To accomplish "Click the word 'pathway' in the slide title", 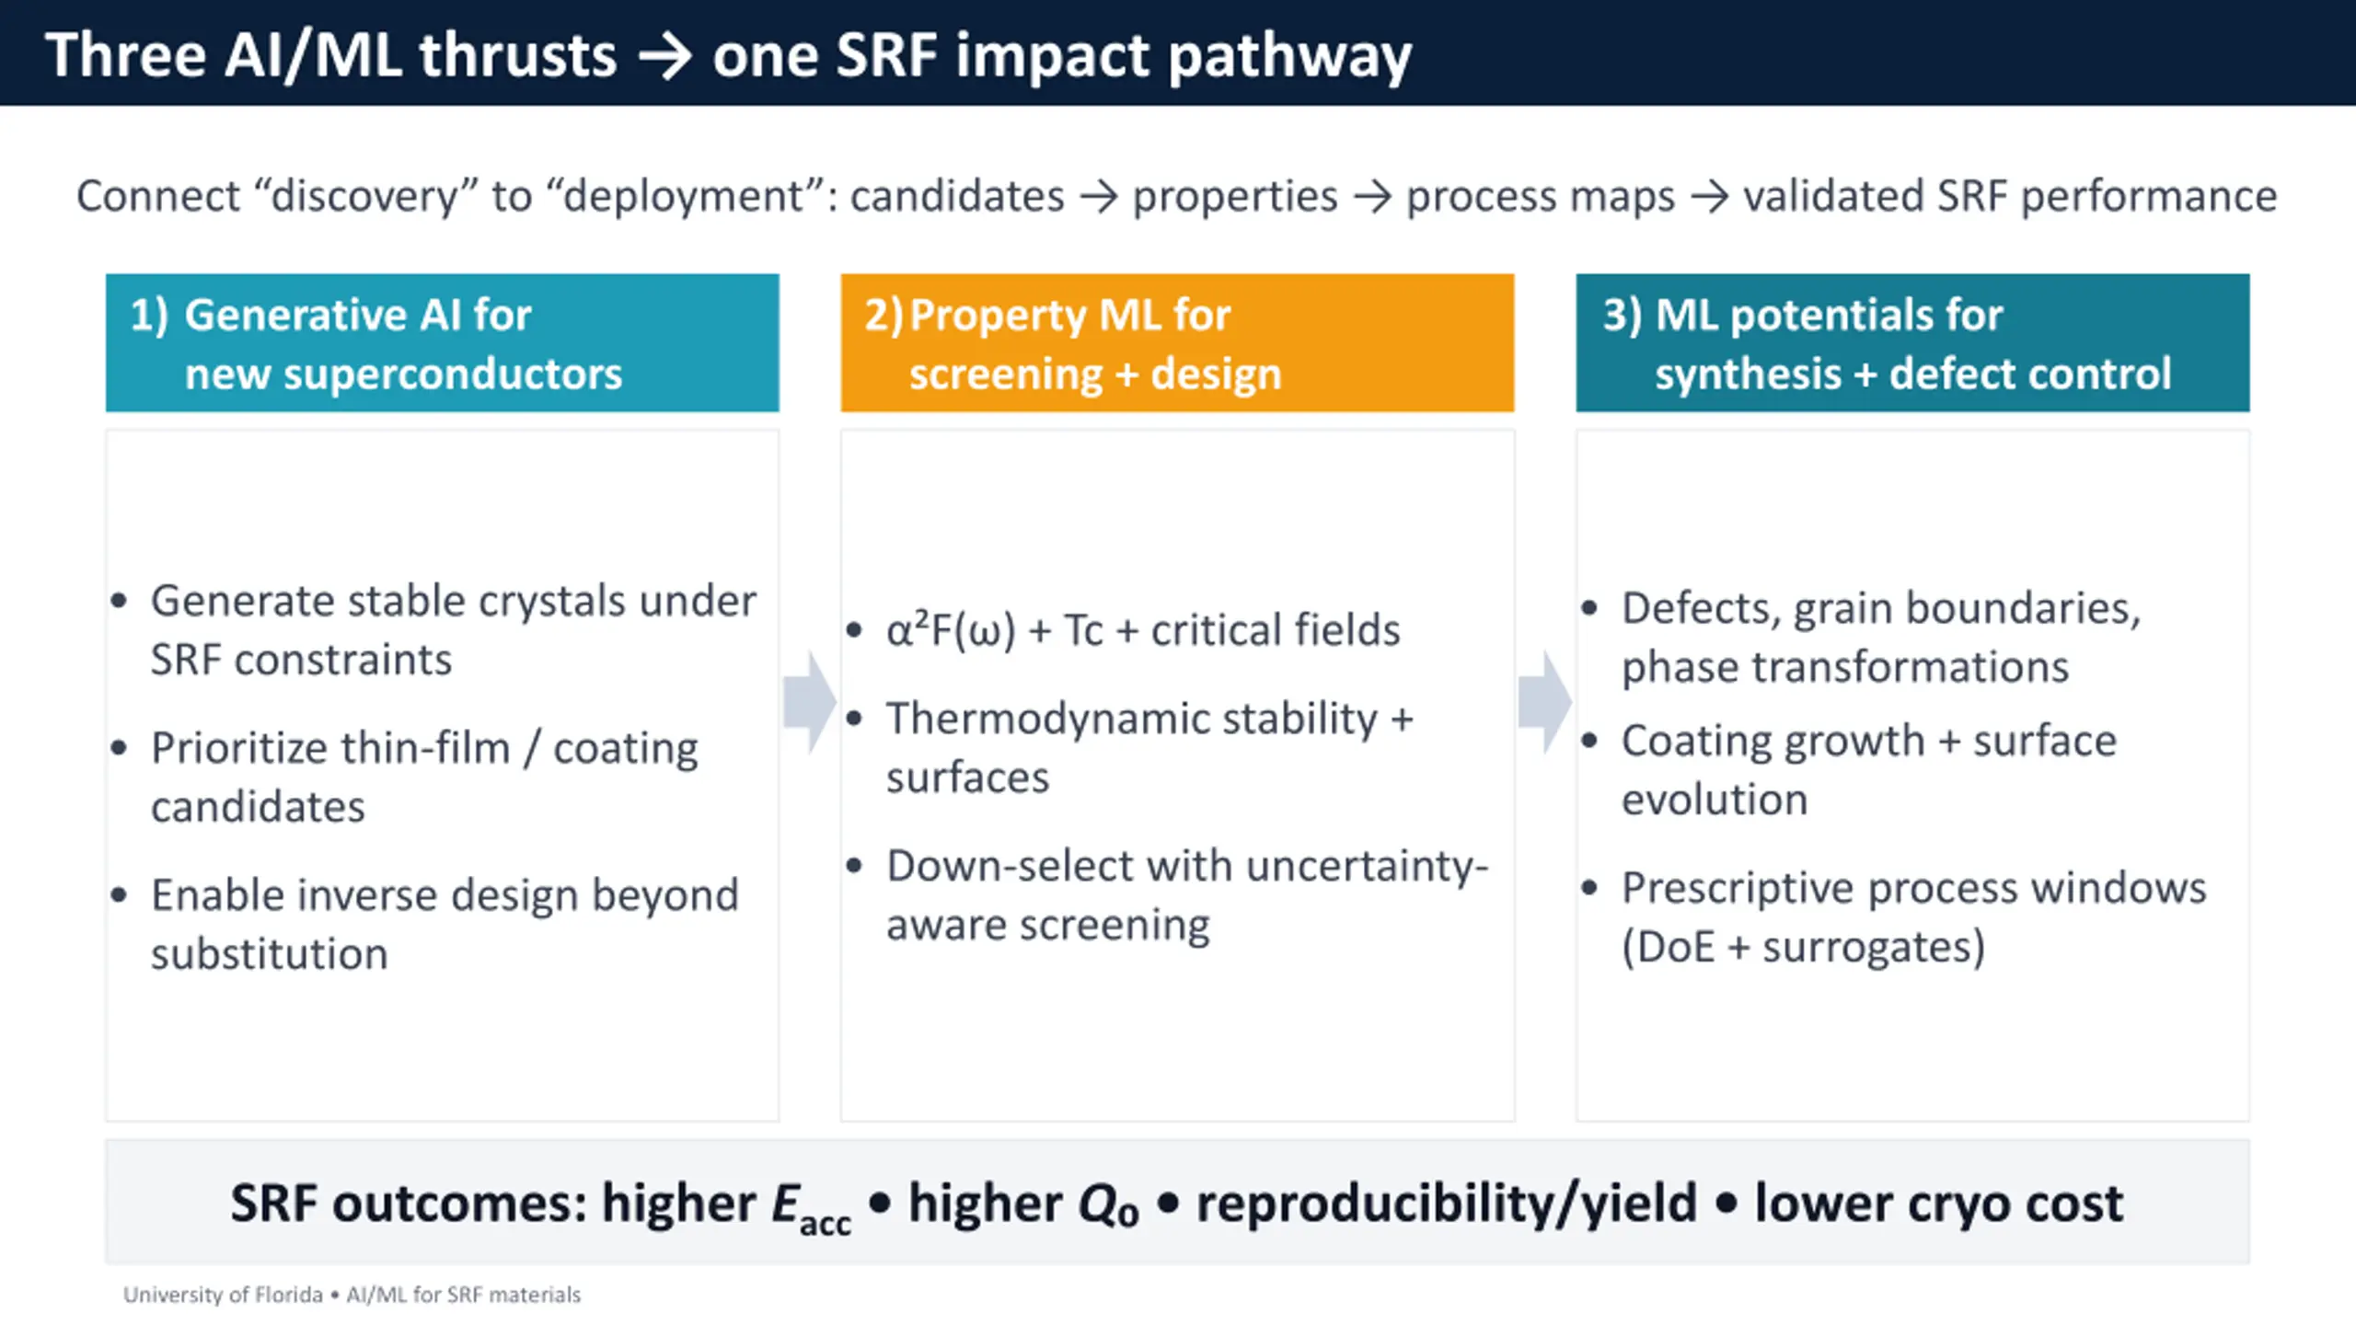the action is click(x=1289, y=57).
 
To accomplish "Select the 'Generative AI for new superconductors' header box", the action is click(x=442, y=342).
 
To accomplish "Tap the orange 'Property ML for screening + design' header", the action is click(x=1177, y=342).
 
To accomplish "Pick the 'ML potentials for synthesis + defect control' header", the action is click(x=1912, y=342).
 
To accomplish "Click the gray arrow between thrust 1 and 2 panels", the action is click(x=810, y=703).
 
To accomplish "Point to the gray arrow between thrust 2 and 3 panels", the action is click(x=1544, y=703).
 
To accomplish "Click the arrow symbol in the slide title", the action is click(x=664, y=57).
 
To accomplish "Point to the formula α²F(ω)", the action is click(x=951, y=630).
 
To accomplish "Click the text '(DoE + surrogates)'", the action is click(x=1803, y=947).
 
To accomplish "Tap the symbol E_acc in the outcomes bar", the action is click(x=811, y=1207).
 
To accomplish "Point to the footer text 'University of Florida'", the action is click(x=223, y=1295).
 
